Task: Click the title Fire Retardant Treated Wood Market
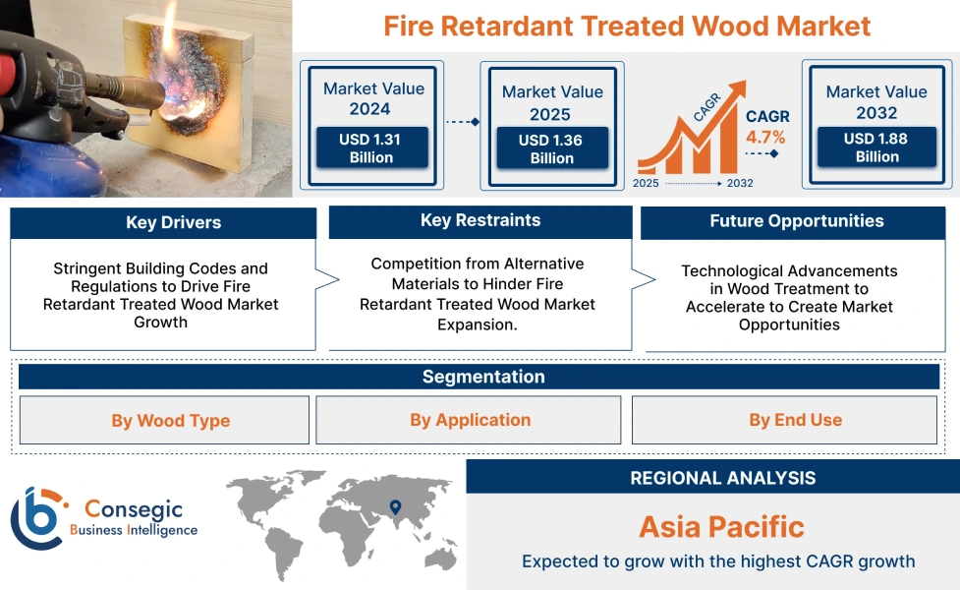click(x=627, y=26)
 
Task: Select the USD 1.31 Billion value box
click(x=370, y=148)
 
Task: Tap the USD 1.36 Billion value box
click(x=551, y=149)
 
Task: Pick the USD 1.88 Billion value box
click(x=875, y=147)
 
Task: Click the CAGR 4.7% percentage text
click(x=766, y=137)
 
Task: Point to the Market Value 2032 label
click(x=875, y=101)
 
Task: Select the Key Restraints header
click(x=480, y=221)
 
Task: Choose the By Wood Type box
click(x=164, y=421)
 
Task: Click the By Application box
click(x=469, y=420)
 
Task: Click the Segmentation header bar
click(x=482, y=378)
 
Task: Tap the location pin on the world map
click(x=395, y=507)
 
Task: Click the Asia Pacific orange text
click(x=721, y=526)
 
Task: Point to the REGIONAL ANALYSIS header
click(x=722, y=479)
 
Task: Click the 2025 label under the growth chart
click(x=647, y=183)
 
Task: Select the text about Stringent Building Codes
click(x=161, y=295)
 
